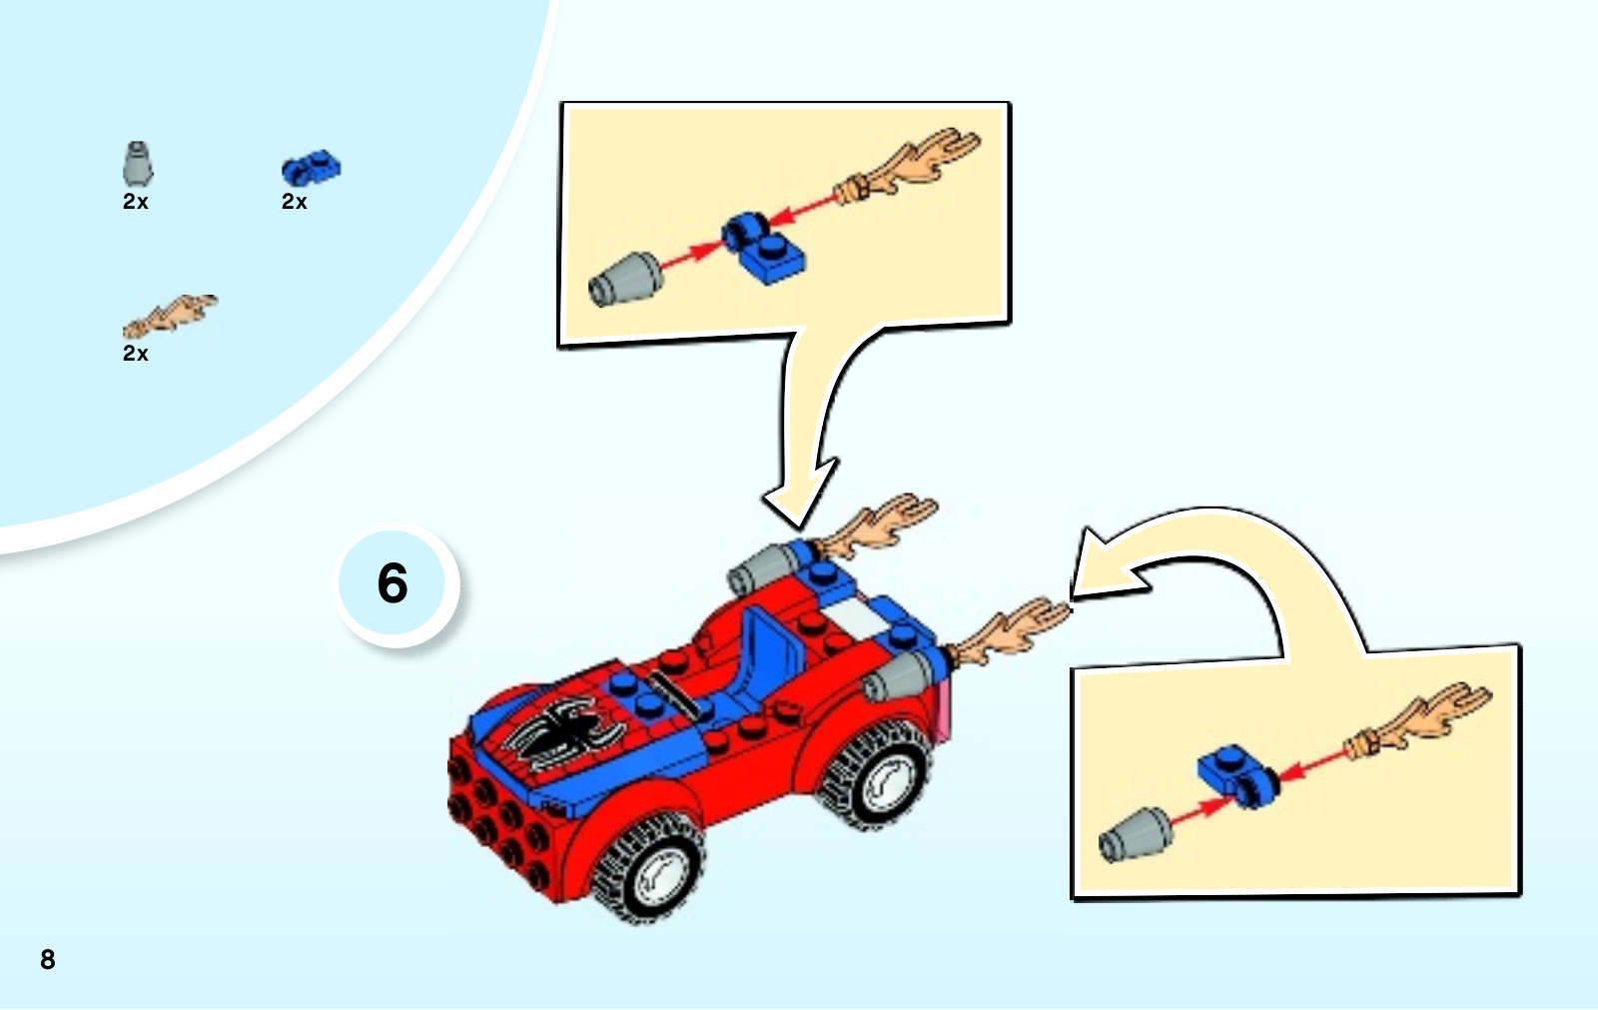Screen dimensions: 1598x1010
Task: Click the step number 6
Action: [x=393, y=583]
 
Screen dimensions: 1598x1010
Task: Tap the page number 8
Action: [x=48, y=959]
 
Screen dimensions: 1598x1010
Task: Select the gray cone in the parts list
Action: [x=137, y=164]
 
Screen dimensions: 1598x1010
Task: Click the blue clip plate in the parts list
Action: [x=311, y=169]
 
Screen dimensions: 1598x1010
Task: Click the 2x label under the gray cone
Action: [x=136, y=202]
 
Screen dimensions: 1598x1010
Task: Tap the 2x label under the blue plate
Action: [x=294, y=202]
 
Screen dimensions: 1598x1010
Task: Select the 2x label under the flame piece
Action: [x=136, y=354]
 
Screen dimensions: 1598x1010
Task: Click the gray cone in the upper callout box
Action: [x=625, y=279]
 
